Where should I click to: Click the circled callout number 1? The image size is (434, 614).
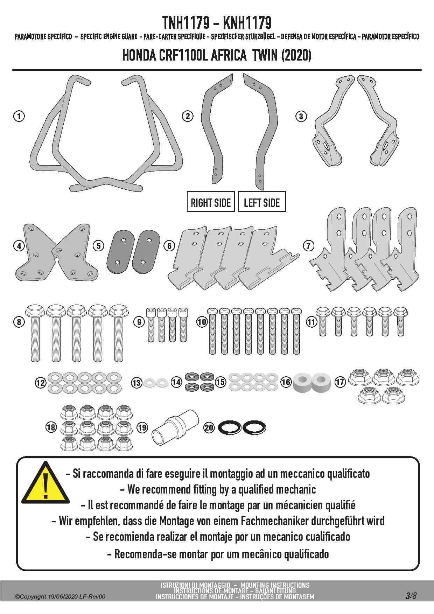pos(19,116)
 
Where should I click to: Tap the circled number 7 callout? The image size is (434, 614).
pos(308,246)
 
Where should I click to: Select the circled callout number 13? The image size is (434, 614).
pos(136,383)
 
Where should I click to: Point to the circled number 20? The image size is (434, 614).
pos(209,427)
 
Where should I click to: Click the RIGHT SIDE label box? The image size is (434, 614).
pos(211,202)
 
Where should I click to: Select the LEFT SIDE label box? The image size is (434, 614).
pos(262,202)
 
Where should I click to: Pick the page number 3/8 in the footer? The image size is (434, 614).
pos(411,595)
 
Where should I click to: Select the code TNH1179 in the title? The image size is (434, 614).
pos(185,23)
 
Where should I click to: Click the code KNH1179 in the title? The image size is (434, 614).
pos(247,23)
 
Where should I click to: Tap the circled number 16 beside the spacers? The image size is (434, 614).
pos(286,382)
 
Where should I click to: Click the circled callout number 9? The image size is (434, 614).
pos(139,322)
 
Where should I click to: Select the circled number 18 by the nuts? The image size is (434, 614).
pos(51,427)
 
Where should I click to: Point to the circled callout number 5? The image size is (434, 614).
pos(99,246)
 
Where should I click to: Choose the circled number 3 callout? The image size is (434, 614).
pos(301,116)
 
